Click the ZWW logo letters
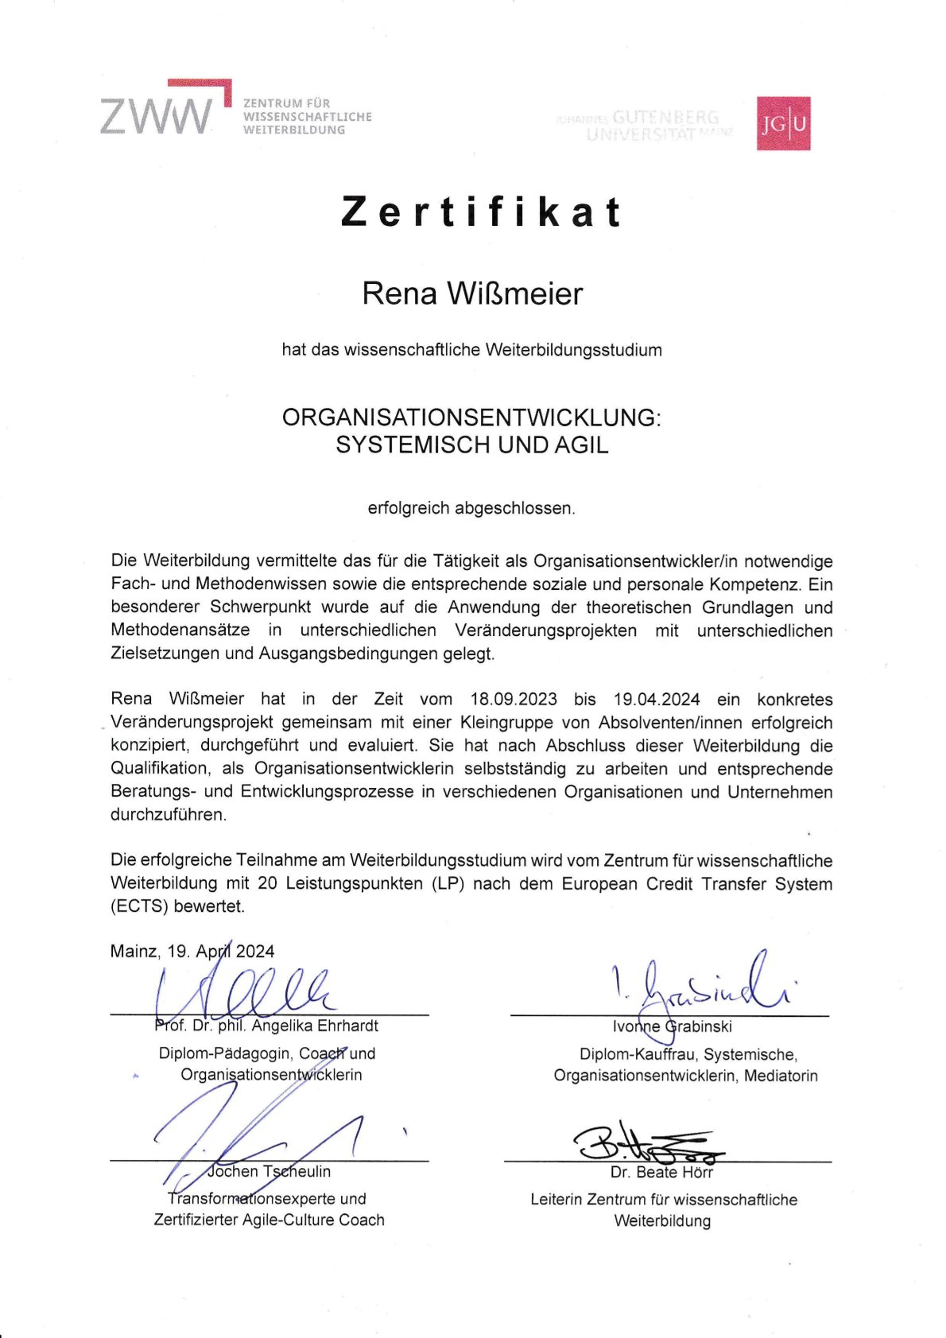(157, 116)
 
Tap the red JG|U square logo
(783, 123)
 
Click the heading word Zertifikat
(481, 212)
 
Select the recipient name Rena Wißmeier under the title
(472, 293)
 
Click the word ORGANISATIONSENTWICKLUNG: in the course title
(471, 417)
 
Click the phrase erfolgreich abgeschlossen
(471, 508)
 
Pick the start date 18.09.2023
(514, 700)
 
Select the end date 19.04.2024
(657, 700)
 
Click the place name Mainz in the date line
(134, 952)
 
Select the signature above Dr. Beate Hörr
(648, 1142)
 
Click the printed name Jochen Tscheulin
(269, 1171)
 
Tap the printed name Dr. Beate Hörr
(661, 1173)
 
